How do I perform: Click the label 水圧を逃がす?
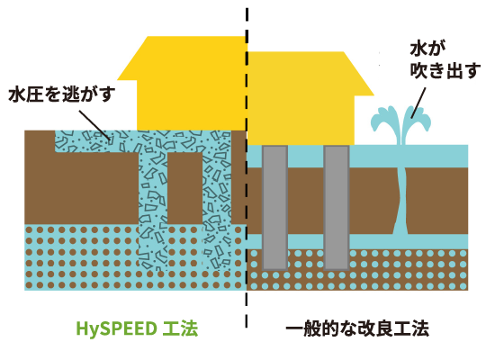point(62,94)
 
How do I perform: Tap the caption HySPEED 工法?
point(137,328)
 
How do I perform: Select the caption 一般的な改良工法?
point(357,328)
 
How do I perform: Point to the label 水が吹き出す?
point(445,60)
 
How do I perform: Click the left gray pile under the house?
point(275,208)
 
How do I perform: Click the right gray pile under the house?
point(337,208)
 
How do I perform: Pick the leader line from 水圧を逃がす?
point(94,125)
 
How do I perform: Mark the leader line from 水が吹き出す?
point(418,103)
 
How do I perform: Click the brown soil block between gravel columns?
point(184,188)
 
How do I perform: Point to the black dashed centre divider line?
point(247,167)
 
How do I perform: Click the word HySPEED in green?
point(116,328)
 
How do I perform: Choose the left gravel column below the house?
point(153,209)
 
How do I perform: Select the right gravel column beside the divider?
point(217,202)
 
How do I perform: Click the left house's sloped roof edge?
point(132,58)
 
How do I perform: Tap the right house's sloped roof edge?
point(358,73)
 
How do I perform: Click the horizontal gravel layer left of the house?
point(96,141)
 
